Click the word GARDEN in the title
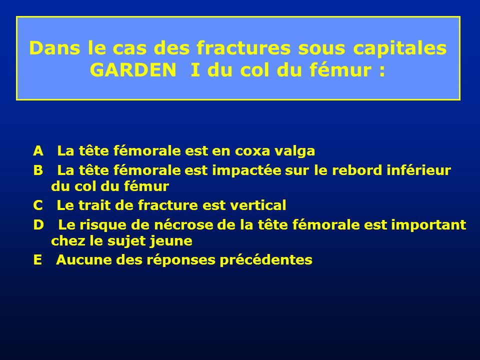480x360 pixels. pyautogui.click(x=133, y=70)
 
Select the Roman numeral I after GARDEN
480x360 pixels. pyautogui.click(x=195, y=70)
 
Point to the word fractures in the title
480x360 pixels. pyautogui.click(x=243, y=48)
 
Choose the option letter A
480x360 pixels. pyautogui.click(x=38, y=151)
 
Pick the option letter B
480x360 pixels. pyautogui.click(x=38, y=170)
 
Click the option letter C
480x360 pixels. pyautogui.click(x=38, y=205)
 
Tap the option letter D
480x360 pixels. pyautogui.click(x=38, y=224)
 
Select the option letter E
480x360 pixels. pyautogui.click(x=37, y=259)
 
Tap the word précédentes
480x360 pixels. pyautogui.click(x=266, y=260)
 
